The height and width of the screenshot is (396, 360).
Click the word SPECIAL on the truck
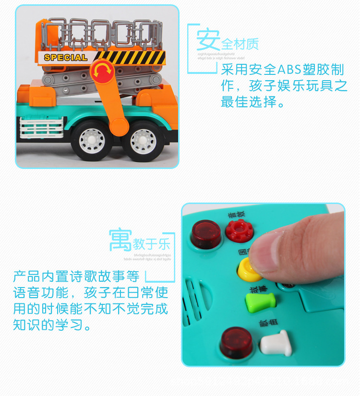point(66,58)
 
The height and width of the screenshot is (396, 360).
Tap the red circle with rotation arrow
point(101,70)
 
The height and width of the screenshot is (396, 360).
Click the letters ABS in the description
point(289,70)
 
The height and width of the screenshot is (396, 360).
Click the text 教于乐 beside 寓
point(152,243)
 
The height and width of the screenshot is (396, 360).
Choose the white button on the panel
point(277,343)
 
